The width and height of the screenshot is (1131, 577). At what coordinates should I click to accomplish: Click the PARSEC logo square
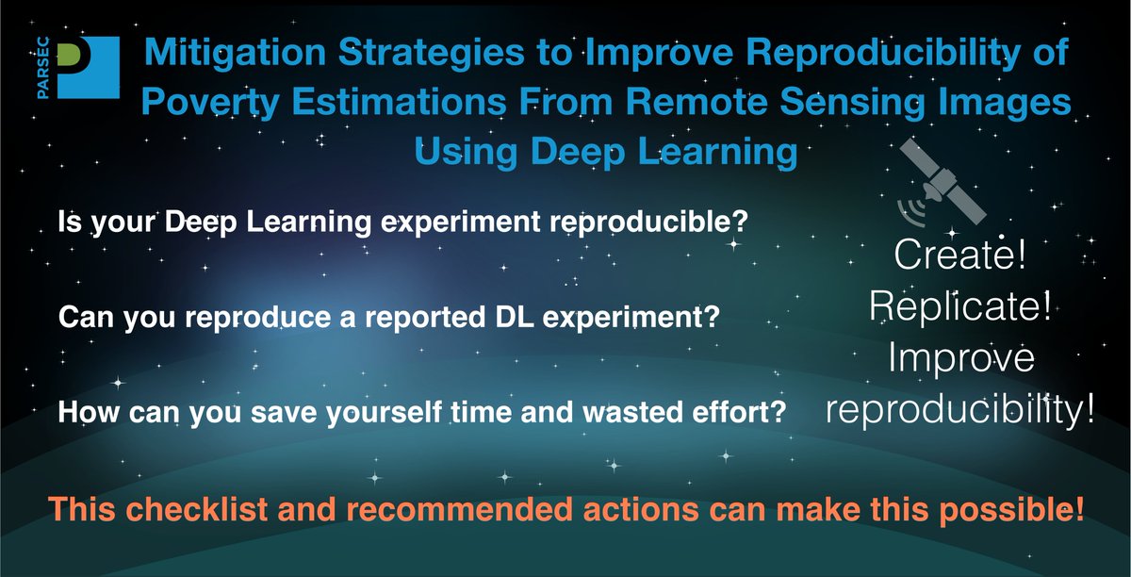pyautogui.click(x=89, y=67)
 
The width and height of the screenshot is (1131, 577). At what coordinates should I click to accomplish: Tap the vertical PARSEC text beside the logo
pyautogui.click(x=43, y=68)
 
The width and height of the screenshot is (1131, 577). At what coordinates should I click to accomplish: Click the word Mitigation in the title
pyautogui.click(x=236, y=52)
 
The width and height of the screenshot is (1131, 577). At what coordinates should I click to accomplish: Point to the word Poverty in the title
pyautogui.click(x=210, y=102)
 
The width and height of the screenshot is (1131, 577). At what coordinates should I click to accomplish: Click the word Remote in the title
pyautogui.click(x=697, y=101)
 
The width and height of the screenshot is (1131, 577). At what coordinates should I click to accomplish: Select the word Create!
pyautogui.click(x=959, y=255)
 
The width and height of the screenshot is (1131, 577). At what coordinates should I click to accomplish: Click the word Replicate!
pyautogui.click(x=960, y=305)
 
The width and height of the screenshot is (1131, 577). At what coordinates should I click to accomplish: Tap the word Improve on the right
pyautogui.click(x=960, y=357)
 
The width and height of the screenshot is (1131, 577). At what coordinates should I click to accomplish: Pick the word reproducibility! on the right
pyautogui.click(x=960, y=410)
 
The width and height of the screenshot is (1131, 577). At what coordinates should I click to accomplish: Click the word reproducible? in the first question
pyautogui.click(x=647, y=223)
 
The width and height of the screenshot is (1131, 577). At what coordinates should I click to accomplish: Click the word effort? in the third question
pyautogui.click(x=739, y=411)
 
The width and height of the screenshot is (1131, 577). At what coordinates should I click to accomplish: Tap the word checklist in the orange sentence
pyautogui.click(x=197, y=508)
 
